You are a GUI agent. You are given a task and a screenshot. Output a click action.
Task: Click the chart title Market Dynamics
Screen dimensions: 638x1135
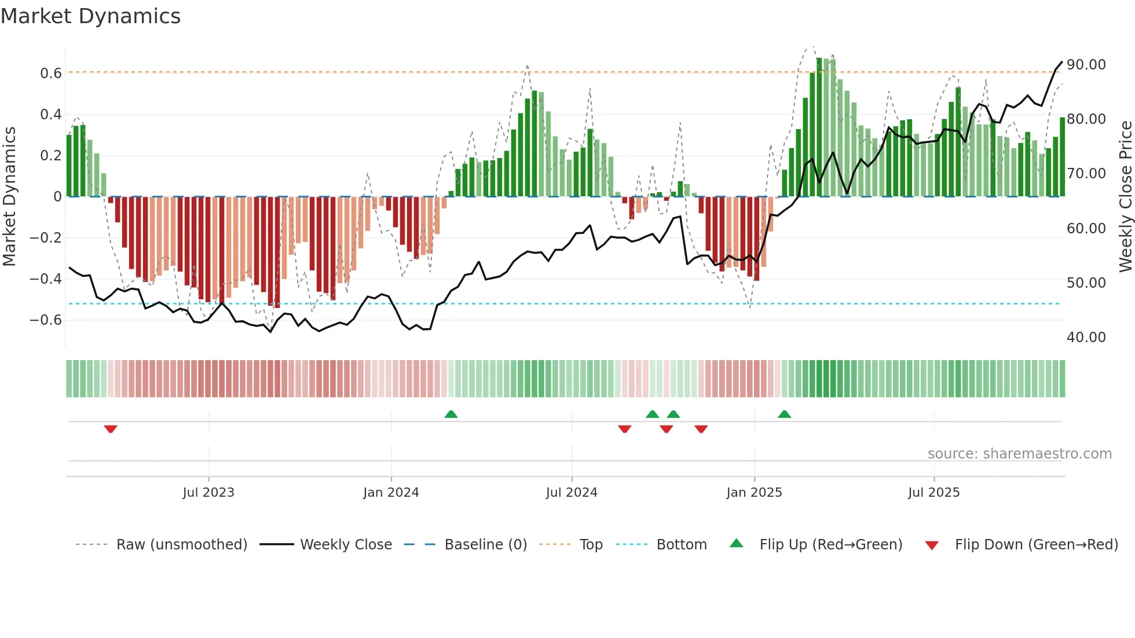[x=90, y=16]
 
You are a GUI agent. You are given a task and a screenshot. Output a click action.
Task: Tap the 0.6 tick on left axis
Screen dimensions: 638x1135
[x=51, y=74]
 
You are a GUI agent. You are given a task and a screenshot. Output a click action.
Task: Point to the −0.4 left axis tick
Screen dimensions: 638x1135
[x=46, y=279]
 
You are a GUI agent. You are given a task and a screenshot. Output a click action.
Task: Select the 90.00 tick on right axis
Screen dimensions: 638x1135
[x=1086, y=65]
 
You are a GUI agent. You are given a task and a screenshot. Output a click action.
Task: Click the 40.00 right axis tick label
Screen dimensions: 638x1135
[x=1086, y=338]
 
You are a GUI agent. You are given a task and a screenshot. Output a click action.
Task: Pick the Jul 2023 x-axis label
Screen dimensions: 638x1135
[x=208, y=493]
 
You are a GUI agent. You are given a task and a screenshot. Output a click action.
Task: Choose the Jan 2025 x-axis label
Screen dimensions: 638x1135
[x=754, y=493]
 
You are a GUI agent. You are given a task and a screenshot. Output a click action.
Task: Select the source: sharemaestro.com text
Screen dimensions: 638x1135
[x=1019, y=454]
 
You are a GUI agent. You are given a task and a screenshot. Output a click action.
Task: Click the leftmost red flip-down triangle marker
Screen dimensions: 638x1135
[x=111, y=429]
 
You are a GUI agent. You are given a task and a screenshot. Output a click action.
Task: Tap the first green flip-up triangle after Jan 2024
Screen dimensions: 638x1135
[x=451, y=414]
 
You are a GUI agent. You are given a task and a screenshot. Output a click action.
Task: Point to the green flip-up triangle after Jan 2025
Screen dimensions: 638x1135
[x=784, y=414]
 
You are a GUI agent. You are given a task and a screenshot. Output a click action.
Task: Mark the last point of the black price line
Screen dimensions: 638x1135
[x=1062, y=62]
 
